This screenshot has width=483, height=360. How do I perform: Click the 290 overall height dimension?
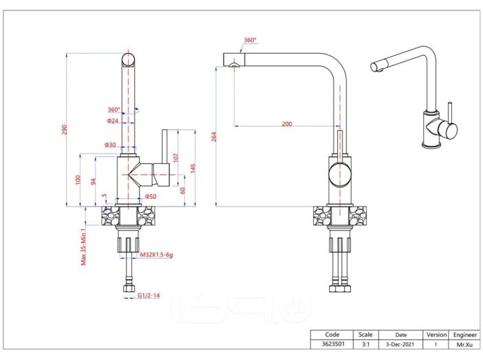coord(64,129)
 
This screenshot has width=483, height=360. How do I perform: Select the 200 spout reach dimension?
coord(287,124)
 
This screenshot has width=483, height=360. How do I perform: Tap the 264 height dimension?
coord(214,137)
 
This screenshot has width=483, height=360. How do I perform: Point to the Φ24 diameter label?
coord(112,120)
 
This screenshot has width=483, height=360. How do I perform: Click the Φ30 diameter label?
coord(110,145)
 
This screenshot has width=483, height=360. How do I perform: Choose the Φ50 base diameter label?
coord(151,196)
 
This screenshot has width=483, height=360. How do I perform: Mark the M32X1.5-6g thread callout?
coord(156,255)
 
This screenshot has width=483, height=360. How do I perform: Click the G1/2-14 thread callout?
coord(149,295)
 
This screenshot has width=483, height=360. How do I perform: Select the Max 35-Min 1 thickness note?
coord(83,246)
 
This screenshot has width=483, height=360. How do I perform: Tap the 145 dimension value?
coord(193,168)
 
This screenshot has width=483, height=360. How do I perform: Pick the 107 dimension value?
coord(176,158)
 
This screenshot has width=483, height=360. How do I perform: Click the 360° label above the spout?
coord(250,40)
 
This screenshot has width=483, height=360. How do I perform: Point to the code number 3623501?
coord(333,344)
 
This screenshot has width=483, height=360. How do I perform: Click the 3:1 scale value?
coord(365,344)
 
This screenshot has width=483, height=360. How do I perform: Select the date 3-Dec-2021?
coord(400,344)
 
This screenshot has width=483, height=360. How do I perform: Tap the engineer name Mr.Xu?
coord(464,344)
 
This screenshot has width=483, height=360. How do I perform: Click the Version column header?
coord(436,335)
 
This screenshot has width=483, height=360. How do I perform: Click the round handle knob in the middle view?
coord(340,174)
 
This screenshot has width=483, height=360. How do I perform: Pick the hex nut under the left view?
coord(129,288)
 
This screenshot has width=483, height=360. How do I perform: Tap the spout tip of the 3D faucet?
coord(374,67)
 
